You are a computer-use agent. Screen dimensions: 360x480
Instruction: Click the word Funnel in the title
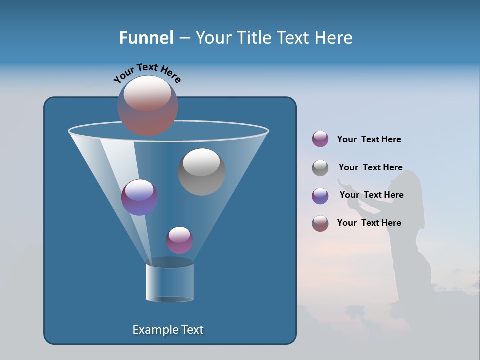(146, 38)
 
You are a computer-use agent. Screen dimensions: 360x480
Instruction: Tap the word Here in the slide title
(334, 38)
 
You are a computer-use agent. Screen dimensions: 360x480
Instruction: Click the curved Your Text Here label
(147, 72)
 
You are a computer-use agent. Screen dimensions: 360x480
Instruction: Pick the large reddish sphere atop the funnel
(148, 106)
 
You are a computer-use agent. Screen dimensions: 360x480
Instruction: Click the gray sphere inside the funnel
(201, 172)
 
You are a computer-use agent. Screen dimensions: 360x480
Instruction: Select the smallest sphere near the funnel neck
(179, 240)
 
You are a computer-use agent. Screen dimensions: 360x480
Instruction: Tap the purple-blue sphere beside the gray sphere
(139, 197)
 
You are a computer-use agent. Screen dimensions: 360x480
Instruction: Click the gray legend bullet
(320, 168)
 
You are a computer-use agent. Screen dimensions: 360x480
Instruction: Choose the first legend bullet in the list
(320, 139)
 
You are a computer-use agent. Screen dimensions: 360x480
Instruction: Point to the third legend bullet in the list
(320, 196)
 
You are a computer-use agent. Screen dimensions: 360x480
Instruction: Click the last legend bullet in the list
(320, 223)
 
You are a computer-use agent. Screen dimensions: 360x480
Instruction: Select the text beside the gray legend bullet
(370, 167)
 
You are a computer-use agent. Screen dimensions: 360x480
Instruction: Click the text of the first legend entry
(369, 139)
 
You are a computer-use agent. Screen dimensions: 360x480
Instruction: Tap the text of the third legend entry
(371, 195)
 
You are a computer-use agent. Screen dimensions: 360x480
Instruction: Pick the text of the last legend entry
(369, 223)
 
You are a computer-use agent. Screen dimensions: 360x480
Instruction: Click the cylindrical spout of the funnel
(170, 282)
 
